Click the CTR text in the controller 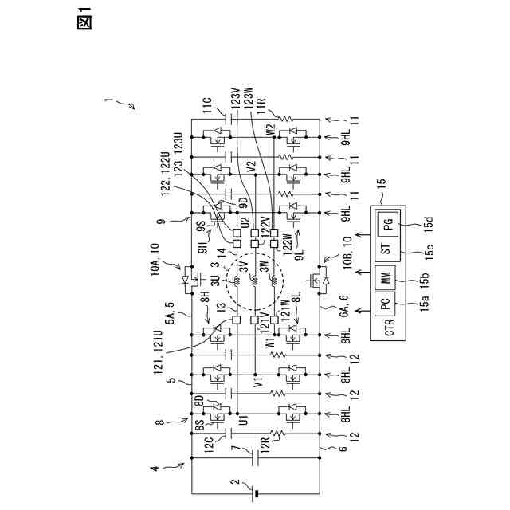coord(388,329)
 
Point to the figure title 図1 coord(84,22)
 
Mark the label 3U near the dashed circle coord(216,280)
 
